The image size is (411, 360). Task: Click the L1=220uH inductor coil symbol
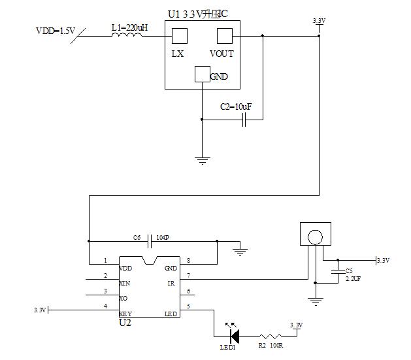click(127, 37)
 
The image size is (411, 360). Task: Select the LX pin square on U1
click(179, 37)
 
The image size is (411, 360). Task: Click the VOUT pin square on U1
click(225, 37)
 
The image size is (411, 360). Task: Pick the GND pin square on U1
click(203, 74)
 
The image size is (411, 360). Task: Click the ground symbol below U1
click(203, 159)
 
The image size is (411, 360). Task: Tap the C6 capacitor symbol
click(150, 240)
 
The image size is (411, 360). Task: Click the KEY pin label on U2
click(125, 314)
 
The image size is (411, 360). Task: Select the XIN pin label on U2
click(125, 284)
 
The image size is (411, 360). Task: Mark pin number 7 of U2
click(188, 275)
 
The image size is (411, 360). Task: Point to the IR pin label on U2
click(171, 284)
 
